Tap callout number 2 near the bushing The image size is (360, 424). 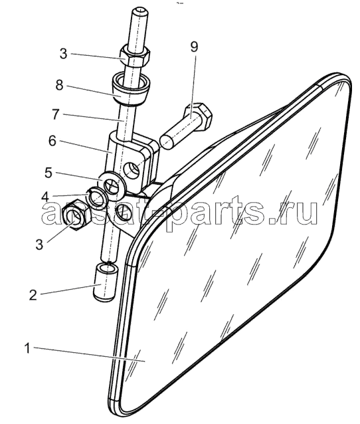33,295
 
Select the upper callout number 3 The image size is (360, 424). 63,54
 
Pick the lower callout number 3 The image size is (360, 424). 39,245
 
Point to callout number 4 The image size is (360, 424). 45,197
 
